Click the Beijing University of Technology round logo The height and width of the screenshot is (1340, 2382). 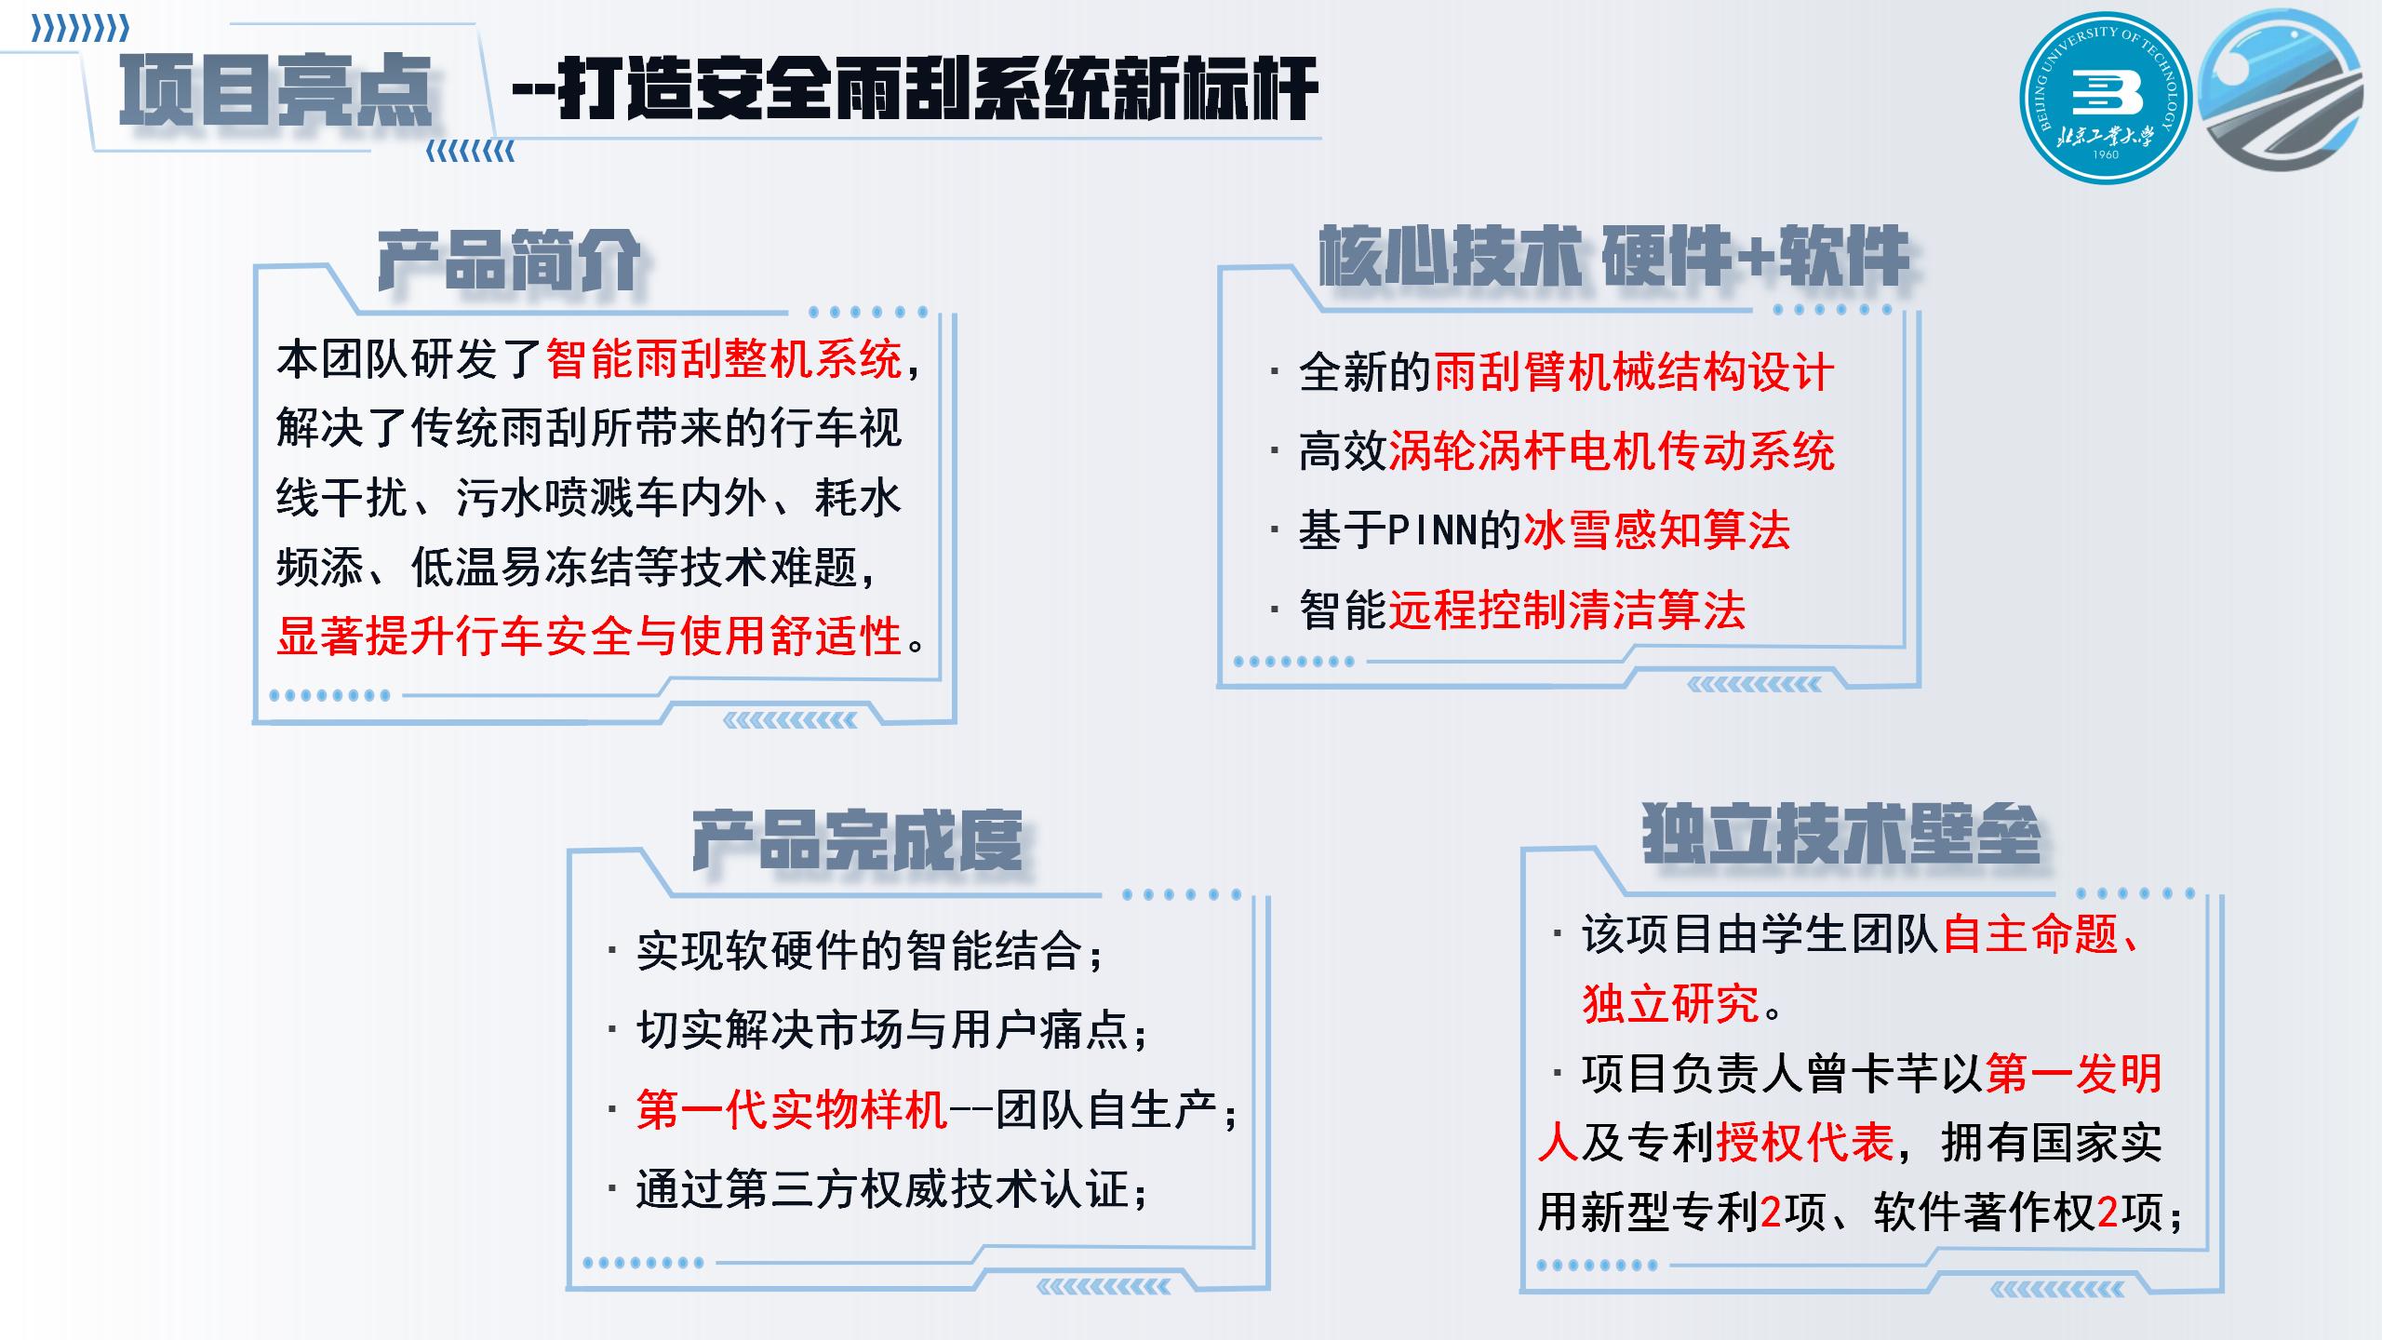click(x=2106, y=98)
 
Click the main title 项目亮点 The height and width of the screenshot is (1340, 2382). click(x=276, y=90)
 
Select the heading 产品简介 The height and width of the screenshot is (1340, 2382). click(x=509, y=260)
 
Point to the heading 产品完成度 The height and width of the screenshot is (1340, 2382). click(x=857, y=840)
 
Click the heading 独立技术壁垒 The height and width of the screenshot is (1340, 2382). click(x=1841, y=833)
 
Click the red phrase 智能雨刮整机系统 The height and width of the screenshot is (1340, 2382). click(x=724, y=359)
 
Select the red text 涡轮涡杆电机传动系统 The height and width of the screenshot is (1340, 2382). click(x=1612, y=451)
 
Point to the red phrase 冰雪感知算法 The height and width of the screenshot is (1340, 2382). click(x=1656, y=530)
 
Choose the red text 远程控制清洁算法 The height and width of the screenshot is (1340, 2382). click(x=1567, y=610)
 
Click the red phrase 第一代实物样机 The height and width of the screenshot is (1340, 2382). click(x=792, y=1109)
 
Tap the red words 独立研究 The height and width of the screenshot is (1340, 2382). click(x=1671, y=1003)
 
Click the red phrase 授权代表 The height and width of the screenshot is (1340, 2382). click(x=1805, y=1142)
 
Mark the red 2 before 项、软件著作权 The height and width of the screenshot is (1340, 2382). click(x=1771, y=1213)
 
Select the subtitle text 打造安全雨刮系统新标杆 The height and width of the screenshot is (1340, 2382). click(x=938, y=89)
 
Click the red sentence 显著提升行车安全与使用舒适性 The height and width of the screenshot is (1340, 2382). click(x=590, y=636)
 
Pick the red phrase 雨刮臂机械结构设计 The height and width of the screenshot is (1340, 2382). click(x=1634, y=372)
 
